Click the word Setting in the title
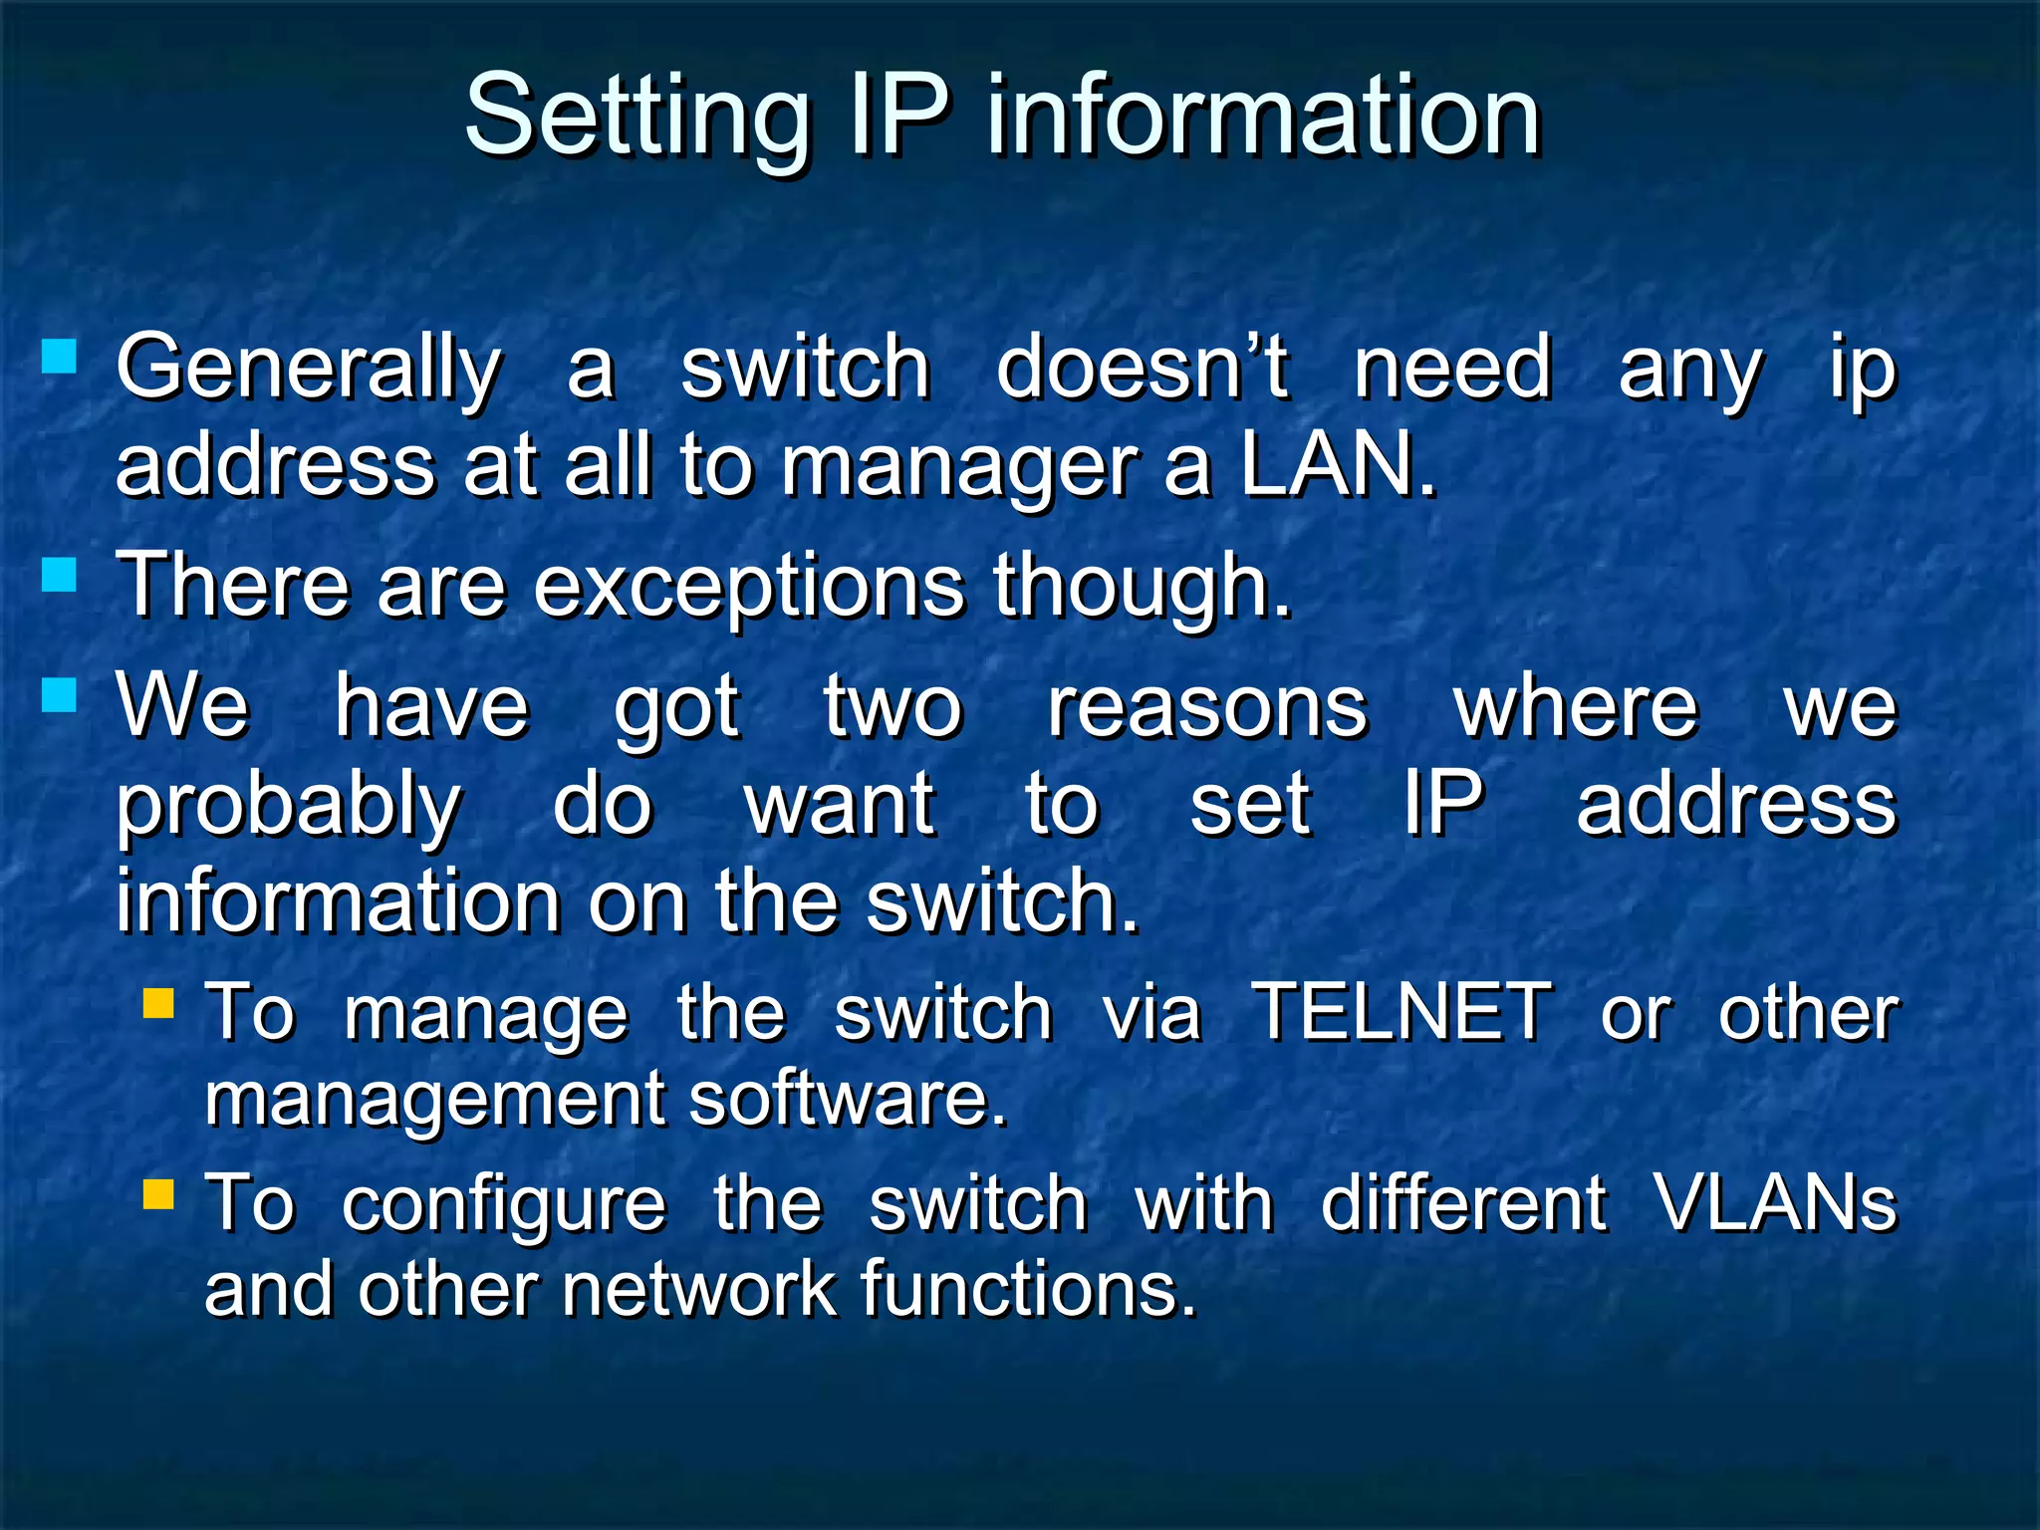[x=637, y=120]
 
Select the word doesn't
[x=1143, y=368]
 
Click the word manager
[x=957, y=468]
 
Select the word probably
[x=289, y=807]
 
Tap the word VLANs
[x=1775, y=1203]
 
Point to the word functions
[x=1027, y=1289]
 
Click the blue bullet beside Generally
[x=60, y=356]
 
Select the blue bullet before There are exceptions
[x=60, y=575]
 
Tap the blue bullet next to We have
[x=60, y=694]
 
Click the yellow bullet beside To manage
[x=158, y=1002]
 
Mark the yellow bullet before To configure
[x=158, y=1193]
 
